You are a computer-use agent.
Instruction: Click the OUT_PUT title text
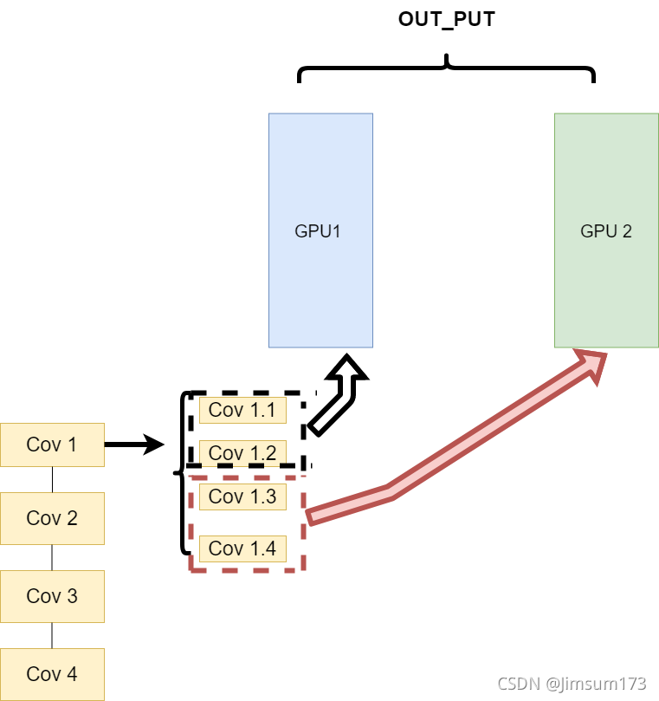pos(446,20)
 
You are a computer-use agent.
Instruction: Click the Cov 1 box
pos(52,445)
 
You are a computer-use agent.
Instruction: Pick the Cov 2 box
pos(52,518)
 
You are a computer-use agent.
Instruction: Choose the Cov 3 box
pos(52,596)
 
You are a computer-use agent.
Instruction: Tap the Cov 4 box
pos(52,673)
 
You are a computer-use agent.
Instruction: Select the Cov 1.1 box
pos(242,410)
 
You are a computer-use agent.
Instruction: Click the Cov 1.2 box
pos(242,452)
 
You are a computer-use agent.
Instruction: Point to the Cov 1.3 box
pos(242,497)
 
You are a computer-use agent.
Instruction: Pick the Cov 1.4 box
pos(242,548)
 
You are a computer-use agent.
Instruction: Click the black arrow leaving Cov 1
pos(134,445)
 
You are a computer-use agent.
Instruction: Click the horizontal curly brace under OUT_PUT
pos(446,69)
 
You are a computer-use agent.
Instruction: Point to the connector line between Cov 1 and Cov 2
pos(52,479)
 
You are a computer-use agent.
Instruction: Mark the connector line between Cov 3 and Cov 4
pos(52,635)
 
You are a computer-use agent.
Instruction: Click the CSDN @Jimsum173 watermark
pos(571,684)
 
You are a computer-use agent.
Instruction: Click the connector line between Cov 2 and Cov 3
pos(52,557)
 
